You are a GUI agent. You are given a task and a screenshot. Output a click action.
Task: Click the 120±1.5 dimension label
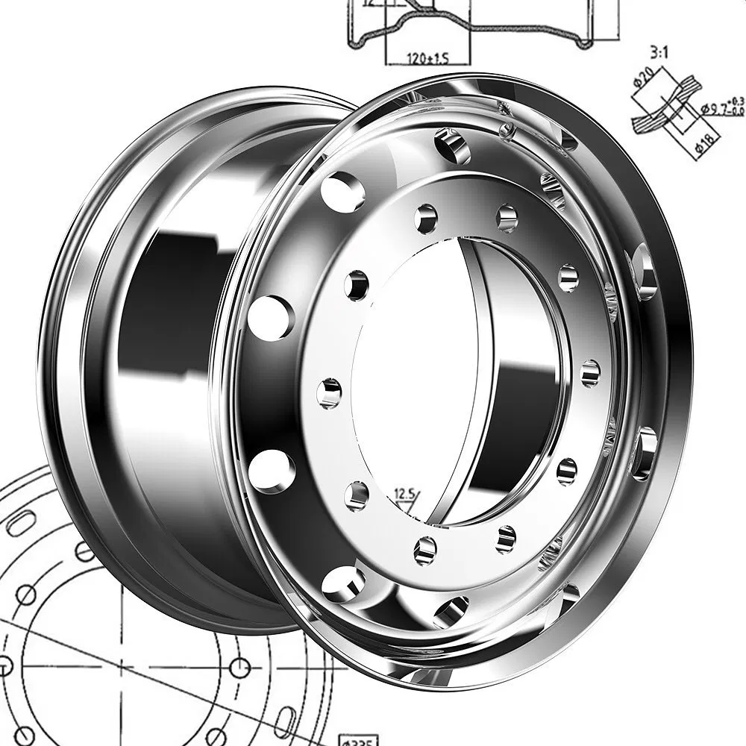428,57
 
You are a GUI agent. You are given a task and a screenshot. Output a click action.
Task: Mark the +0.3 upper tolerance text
738,101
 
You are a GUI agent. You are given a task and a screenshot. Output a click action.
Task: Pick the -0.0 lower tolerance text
737,111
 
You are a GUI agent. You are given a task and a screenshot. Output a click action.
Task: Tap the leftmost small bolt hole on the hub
329,393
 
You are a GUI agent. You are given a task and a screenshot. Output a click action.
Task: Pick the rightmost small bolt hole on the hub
590,373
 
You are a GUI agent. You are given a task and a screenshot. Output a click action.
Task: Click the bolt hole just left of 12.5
357,495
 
